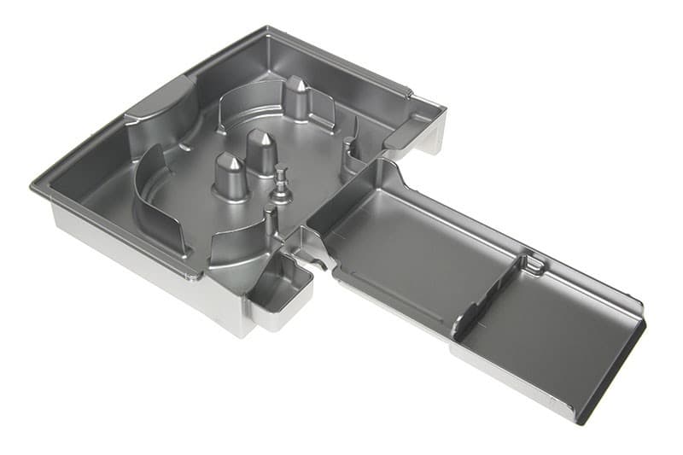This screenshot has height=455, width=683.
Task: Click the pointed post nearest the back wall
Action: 296,97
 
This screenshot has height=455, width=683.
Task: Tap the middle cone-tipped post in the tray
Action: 261,152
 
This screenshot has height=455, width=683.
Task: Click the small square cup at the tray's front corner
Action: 277,290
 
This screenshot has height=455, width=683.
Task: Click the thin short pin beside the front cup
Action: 271,224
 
